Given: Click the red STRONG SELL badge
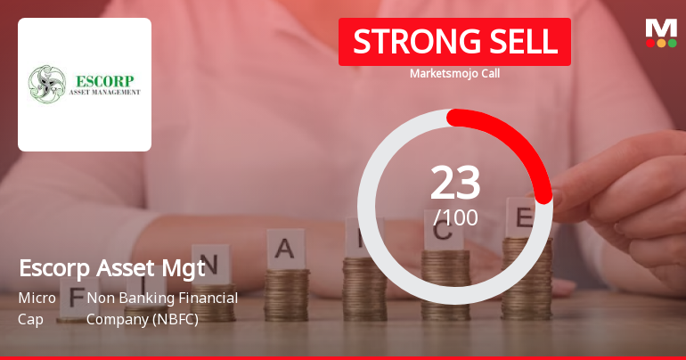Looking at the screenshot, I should point(454,41).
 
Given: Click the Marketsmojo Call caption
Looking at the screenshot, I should point(454,73).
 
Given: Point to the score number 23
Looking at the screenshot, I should point(455,183).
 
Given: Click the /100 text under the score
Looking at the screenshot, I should point(455,217).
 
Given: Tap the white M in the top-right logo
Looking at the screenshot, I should point(661,28).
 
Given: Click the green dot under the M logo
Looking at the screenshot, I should point(672,43).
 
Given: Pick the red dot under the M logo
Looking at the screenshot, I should point(650,43).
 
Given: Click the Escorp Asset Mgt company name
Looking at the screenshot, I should point(111,267).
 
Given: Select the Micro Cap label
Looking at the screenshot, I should point(37,307).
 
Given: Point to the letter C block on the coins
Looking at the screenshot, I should point(443,234).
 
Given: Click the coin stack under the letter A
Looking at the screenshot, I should point(287,294).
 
